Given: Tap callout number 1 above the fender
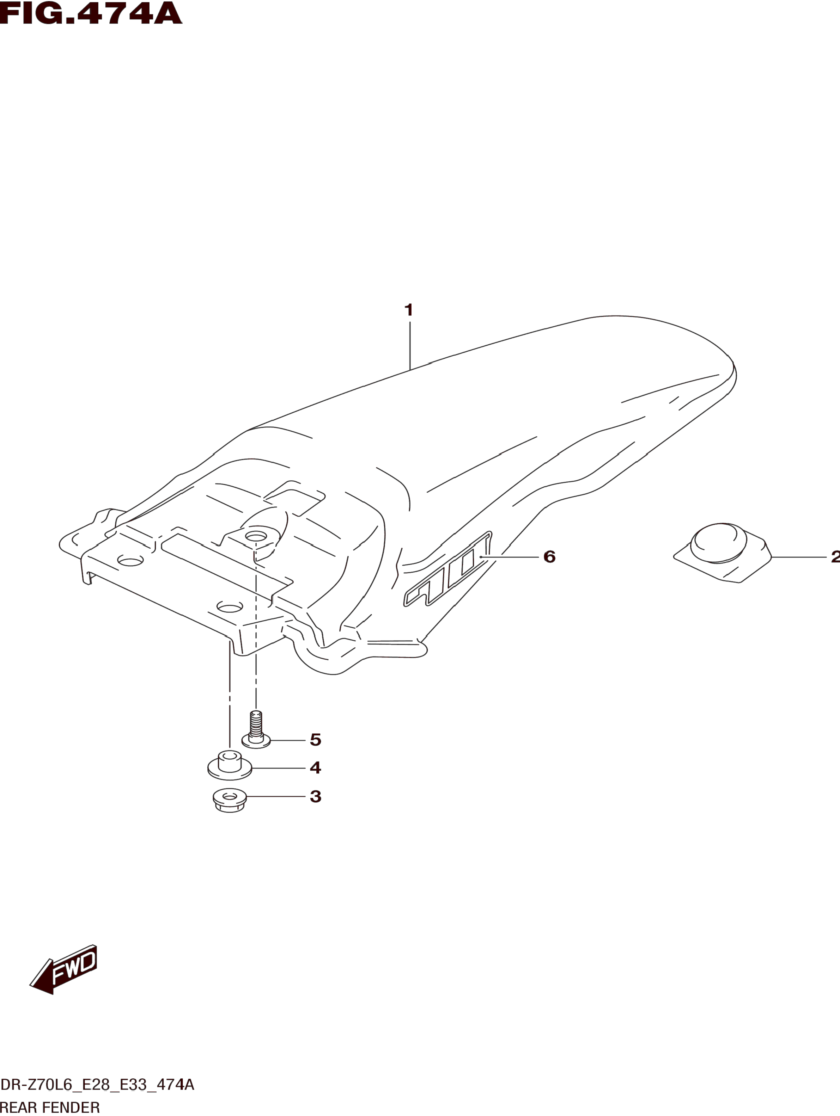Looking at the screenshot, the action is pyautogui.click(x=409, y=310).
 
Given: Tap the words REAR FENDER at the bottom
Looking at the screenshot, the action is pyautogui.click(x=50, y=1108).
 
